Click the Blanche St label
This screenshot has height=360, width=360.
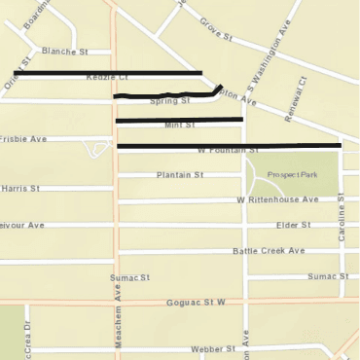tap(63, 52)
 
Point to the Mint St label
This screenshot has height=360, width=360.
tap(180, 126)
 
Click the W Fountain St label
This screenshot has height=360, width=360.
tap(227, 151)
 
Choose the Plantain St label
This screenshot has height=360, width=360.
tap(179, 175)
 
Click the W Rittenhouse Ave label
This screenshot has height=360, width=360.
tap(277, 199)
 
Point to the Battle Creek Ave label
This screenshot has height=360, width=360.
tap(269, 251)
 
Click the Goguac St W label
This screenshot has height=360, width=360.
tap(194, 304)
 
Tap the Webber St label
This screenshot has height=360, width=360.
tap(213, 348)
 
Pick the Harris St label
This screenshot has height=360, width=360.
tap(19, 188)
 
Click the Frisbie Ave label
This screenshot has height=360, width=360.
tap(23, 139)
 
